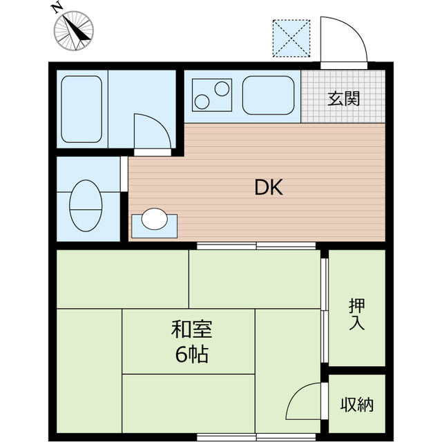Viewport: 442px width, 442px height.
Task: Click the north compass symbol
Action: click(x=74, y=30)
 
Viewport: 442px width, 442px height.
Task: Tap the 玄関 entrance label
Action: click(x=344, y=99)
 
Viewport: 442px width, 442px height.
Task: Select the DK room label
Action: click(x=269, y=188)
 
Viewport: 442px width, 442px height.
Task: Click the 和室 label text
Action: click(x=192, y=329)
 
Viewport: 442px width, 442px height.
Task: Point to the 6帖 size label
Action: click(x=192, y=354)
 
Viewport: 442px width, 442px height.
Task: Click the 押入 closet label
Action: click(x=357, y=314)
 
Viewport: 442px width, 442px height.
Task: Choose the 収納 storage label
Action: click(x=357, y=405)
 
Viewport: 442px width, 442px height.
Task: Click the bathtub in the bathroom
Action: click(x=81, y=109)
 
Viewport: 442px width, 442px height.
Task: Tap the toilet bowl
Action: click(x=86, y=206)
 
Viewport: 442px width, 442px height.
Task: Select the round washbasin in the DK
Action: click(x=155, y=219)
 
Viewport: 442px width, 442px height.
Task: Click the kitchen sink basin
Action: click(x=269, y=95)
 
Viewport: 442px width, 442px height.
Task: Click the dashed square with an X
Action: click(x=291, y=39)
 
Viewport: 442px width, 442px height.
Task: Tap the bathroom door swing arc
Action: click(x=160, y=122)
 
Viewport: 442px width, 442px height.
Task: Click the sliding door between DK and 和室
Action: click(x=256, y=246)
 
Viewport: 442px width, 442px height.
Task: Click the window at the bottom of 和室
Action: click(x=256, y=437)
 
